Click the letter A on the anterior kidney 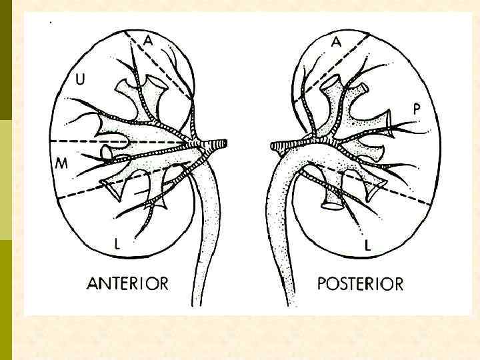(148, 41)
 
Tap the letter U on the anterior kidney (80, 80)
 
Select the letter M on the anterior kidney (61, 163)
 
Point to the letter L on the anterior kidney (117, 244)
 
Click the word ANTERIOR (127, 283)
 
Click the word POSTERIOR (360, 284)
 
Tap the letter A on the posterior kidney (337, 41)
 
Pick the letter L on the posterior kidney (368, 246)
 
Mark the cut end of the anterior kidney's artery (225, 143)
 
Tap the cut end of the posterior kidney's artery (273, 144)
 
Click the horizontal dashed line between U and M (87, 141)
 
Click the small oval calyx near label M (107, 153)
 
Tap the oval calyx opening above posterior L (331, 206)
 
